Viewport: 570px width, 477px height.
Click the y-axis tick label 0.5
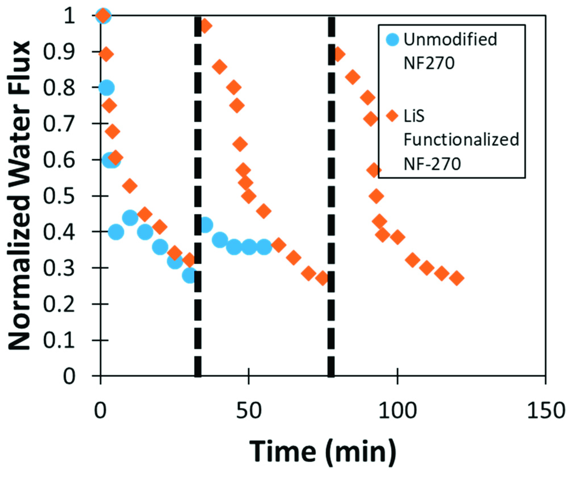click(x=59, y=196)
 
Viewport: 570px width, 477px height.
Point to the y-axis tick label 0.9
click(x=59, y=52)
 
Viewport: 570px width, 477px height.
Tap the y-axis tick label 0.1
click(x=59, y=340)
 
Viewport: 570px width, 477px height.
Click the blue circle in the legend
click(x=392, y=39)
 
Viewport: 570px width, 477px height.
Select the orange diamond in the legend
click(x=392, y=116)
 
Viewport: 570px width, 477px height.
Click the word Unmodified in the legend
click(x=450, y=39)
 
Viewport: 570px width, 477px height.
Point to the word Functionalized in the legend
click(x=461, y=140)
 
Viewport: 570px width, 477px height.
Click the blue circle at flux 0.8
click(x=106, y=88)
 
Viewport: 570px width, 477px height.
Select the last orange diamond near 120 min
click(x=457, y=278)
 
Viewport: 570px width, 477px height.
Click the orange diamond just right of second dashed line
click(x=338, y=54)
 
